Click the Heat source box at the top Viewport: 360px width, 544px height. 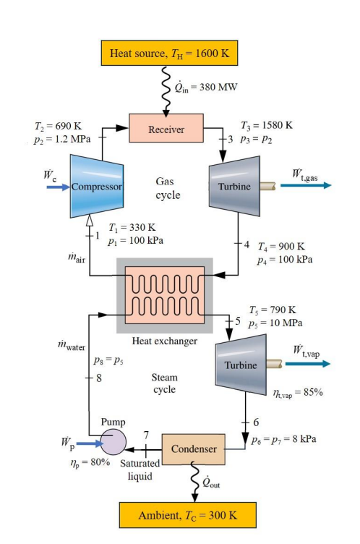[168, 53]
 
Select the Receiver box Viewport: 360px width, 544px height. [167, 129]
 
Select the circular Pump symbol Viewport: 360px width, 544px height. [113, 441]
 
